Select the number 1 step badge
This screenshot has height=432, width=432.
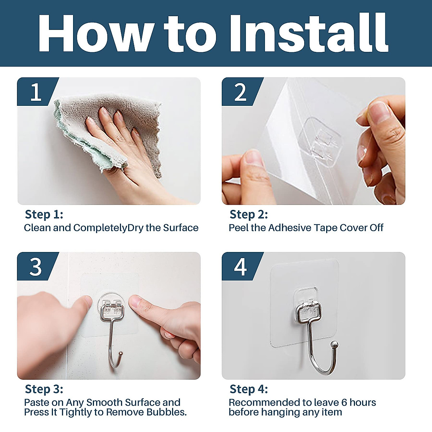[36, 92]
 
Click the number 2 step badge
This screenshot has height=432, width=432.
[240, 92]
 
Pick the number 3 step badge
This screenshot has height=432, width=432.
[36, 267]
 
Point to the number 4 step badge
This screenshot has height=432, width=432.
[240, 267]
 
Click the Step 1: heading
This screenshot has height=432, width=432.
[44, 215]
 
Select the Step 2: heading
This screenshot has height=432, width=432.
[248, 215]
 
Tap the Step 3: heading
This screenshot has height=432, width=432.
[44, 389]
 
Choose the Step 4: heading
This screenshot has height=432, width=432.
[248, 389]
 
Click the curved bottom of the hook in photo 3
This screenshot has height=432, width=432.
[114, 362]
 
